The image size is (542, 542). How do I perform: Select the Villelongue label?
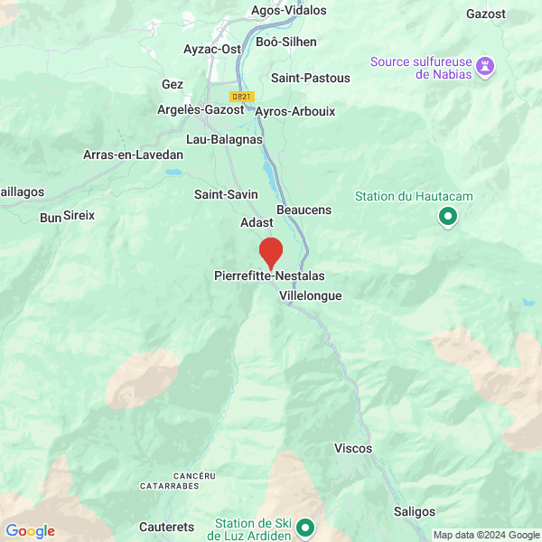coord(310,295)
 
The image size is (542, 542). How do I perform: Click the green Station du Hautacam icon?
coord(447,217)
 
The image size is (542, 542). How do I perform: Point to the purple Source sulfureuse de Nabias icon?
coord(486,66)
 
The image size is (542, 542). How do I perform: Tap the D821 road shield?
coord(241,97)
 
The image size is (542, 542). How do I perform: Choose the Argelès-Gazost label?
coord(201,109)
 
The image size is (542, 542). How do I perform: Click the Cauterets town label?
coord(167,527)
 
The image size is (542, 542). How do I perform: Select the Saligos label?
coord(415,511)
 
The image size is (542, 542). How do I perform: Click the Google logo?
coord(30,531)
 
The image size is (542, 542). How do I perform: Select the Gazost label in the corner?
coord(486,14)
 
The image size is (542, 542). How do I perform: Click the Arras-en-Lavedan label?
coord(133,154)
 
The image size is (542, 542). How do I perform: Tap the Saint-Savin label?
coord(226,194)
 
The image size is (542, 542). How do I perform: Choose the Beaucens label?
coord(304,210)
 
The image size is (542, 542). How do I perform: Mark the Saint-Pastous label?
coord(310,78)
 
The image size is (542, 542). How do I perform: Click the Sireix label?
coord(79,215)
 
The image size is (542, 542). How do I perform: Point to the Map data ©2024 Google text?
coord(485,535)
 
